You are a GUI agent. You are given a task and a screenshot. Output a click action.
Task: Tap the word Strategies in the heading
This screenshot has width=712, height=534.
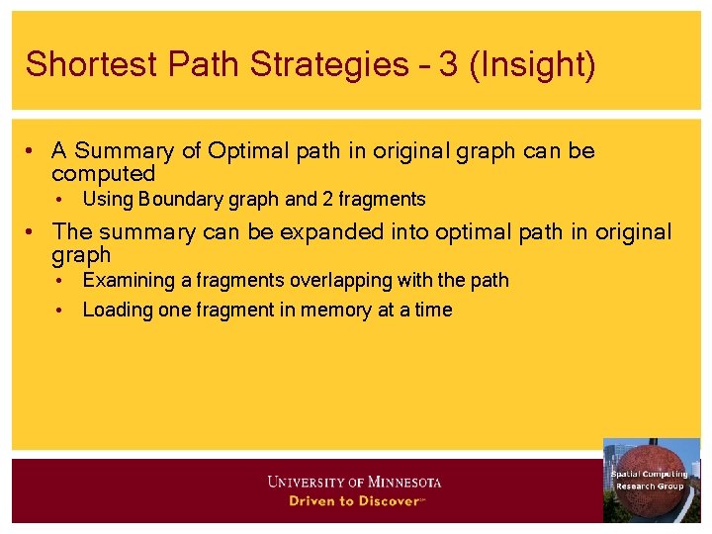tap(338, 65)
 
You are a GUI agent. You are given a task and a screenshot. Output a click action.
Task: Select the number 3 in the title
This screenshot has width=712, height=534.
tap(448, 65)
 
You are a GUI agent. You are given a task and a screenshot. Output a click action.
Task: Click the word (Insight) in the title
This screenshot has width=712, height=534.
tap(535, 65)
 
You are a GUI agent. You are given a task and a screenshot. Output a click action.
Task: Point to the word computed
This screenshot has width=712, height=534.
tap(103, 175)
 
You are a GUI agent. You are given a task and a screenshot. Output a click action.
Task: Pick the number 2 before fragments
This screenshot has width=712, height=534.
tap(327, 200)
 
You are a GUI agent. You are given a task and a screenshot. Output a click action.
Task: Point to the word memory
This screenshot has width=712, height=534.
tap(335, 311)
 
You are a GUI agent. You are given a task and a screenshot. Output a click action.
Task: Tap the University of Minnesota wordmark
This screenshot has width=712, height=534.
tap(354, 482)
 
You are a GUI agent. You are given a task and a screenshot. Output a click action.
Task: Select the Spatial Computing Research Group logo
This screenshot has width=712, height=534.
tap(650, 481)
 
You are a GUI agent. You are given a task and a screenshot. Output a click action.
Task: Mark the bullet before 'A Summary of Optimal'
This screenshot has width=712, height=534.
tap(33, 151)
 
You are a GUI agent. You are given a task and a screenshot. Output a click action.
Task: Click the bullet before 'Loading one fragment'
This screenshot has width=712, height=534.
tap(61, 311)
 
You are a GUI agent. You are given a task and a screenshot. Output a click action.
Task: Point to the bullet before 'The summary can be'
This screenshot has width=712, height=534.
tap(33, 232)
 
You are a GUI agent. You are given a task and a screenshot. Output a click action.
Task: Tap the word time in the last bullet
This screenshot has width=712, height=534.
tap(433, 311)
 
